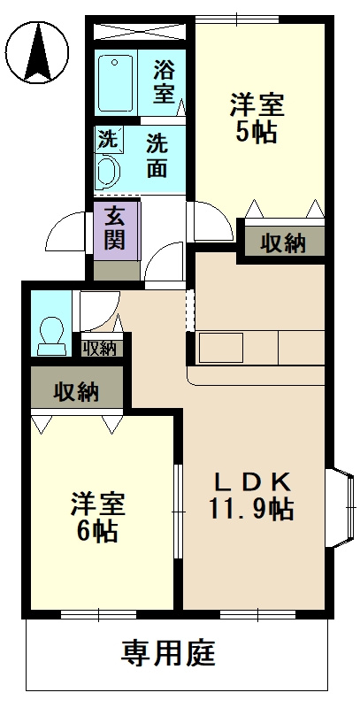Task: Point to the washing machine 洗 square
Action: pyautogui.click(x=107, y=139)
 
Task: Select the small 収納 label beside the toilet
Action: pyautogui.click(x=99, y=348)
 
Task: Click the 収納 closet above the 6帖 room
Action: pyautogui.click(x=75, y=390)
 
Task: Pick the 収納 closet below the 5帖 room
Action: pyautogui.click(x=282, y=242)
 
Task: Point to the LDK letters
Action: pyautogui.click(x=253, y=482)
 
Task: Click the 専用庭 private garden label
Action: pyautogui.click(x=167, y=655)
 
